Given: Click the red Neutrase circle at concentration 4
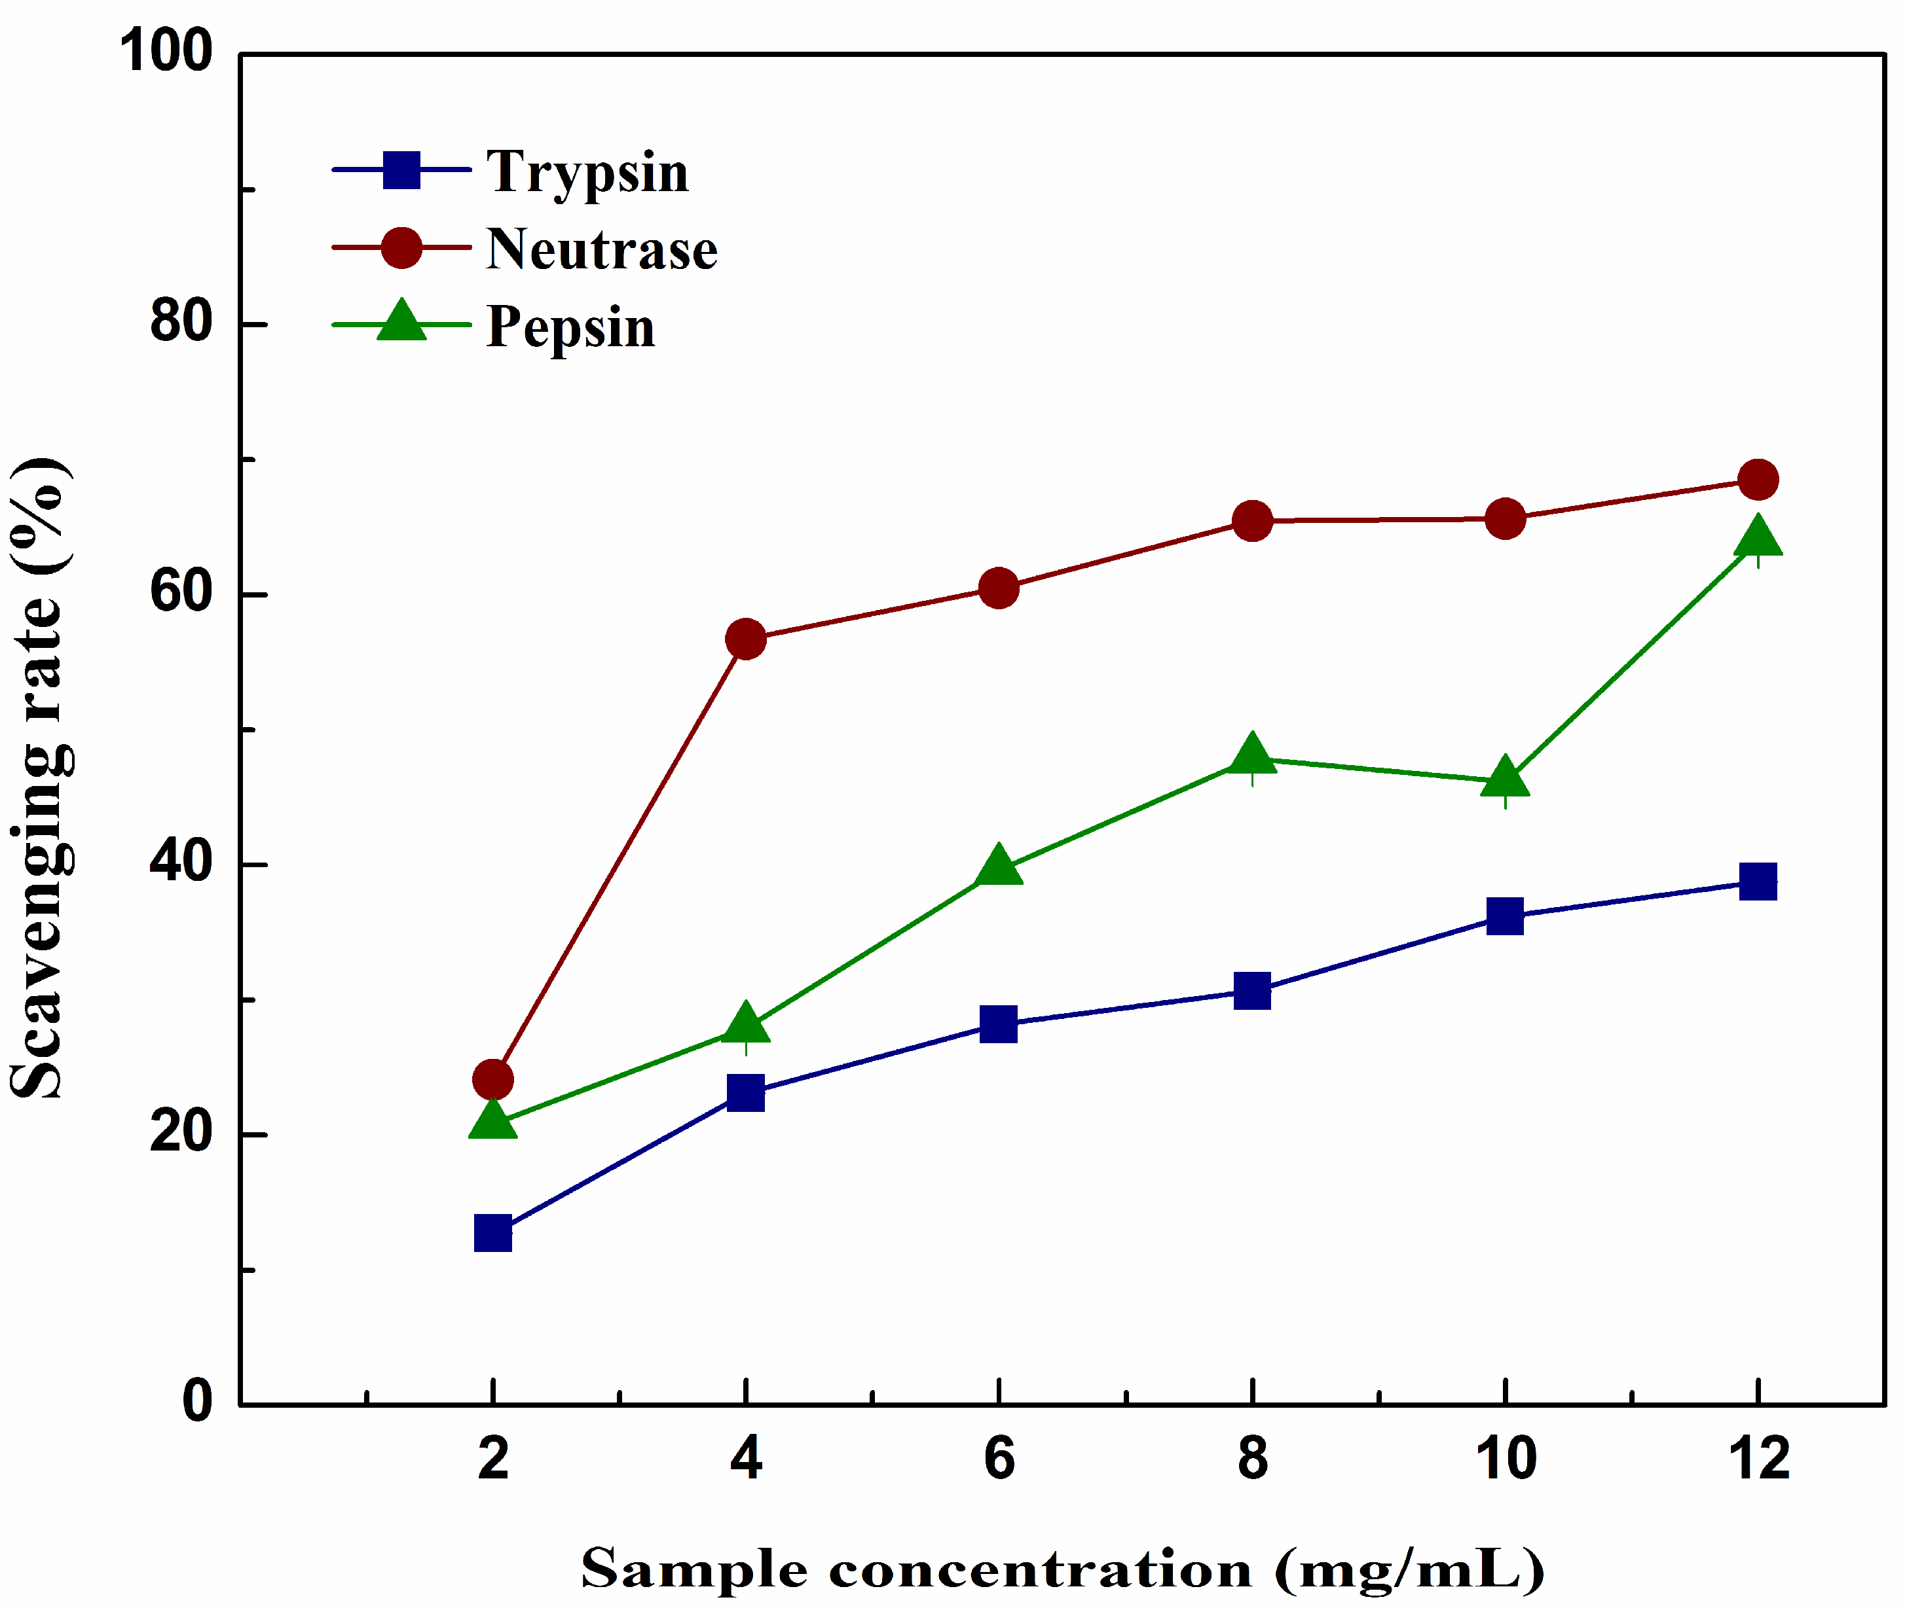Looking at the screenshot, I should pos(746,640).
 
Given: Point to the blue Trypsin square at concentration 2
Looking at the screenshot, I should pos(493,1234).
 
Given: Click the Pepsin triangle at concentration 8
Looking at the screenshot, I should pos(1252,755).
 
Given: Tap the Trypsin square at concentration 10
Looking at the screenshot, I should pos(1505,915).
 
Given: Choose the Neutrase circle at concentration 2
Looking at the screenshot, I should pos(493,1079).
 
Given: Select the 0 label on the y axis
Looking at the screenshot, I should pos(197,1401).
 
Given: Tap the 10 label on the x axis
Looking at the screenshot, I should pos(1506,1459).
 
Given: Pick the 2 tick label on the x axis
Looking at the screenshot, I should pos(493,1459).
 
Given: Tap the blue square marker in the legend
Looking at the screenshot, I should pos(401,170).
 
